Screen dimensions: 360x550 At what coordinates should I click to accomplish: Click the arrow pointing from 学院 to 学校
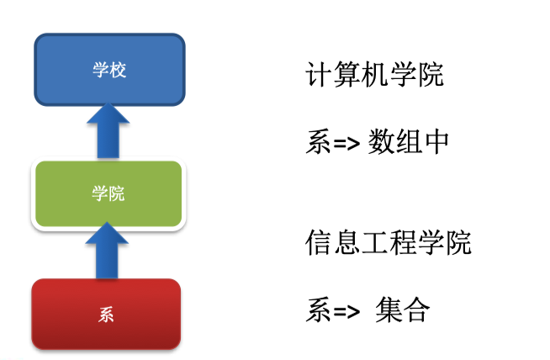coord(108,130)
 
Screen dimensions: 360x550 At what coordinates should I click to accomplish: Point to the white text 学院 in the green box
coord(108,193)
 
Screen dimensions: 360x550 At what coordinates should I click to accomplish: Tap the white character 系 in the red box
coord(106,316)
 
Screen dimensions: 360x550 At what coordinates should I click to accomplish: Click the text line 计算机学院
coord(374,77)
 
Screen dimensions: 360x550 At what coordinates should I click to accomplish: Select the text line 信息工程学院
coord(388,243)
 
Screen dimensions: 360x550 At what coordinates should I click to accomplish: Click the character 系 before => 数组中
coord(318,141)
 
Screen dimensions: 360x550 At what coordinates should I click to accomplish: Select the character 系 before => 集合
coord(318,311)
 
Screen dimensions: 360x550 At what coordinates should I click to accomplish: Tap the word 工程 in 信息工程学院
coord(388,243)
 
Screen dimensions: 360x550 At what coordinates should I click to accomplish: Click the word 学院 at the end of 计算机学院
coord(415,77)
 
